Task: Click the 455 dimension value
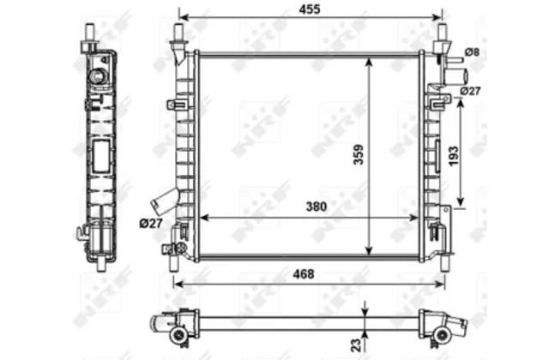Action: (310, 9)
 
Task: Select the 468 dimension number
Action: (303, 274)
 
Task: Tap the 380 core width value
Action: (317, 207)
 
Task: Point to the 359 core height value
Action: (359, 154)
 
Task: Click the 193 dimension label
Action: (453, 156)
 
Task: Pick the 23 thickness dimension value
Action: (355, 345)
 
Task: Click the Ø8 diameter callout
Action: (472, 52)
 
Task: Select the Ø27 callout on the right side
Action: (470, 91)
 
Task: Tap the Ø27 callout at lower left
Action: (151, 223)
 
